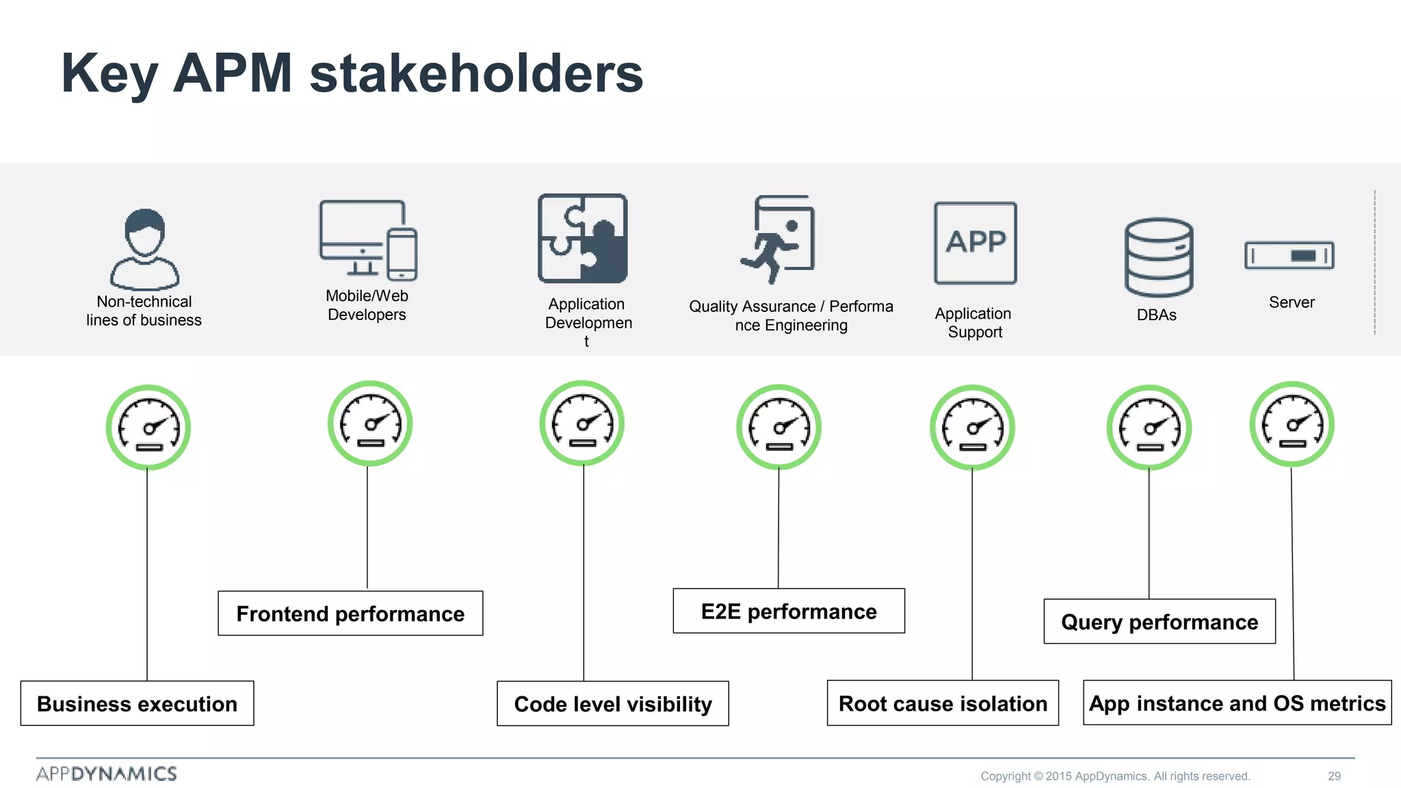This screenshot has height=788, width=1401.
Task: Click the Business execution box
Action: click(x=137, y=703)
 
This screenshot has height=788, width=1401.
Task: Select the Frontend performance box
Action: click(x=350, y=614)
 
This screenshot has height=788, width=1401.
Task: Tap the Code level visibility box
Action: click(x=613, y=703)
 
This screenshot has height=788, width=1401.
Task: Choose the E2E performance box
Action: click(x=789, y=611)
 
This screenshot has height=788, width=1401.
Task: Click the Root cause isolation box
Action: click(x=943, y=703)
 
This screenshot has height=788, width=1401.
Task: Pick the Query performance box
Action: click(x=1160, y=622)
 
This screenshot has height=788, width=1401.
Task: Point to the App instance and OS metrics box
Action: click(x=1237, y=702)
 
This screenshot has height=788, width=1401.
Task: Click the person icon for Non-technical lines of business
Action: click(x=145, y=250)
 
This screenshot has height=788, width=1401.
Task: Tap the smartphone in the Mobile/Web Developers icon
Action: click(x=402, y=254)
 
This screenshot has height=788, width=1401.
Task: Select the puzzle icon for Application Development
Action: click(x=583, y=238)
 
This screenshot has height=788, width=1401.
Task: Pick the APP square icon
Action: click(x=976, y=243)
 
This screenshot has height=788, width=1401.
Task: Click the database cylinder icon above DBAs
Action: click(x=1158, y=257)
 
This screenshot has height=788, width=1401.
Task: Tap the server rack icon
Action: click(x=1289, y=255)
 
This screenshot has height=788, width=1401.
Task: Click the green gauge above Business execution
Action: click(x=148, y=428)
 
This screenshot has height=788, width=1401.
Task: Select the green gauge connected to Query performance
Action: click(x=1149, y=428)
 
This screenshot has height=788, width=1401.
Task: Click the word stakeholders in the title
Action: click(x=476, y=73)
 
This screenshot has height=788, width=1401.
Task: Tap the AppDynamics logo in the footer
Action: click(x=107, y=774)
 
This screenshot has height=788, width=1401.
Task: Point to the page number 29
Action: click(x=1334, y=776)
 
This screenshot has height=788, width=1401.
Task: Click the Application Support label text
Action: click(x=973, y=323)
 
